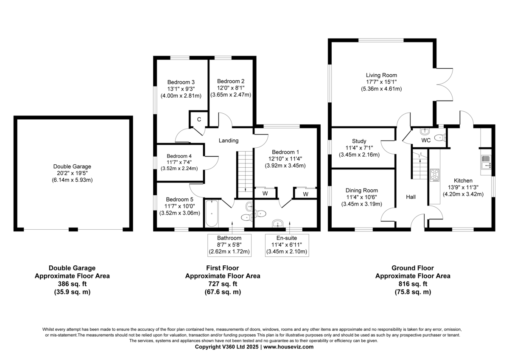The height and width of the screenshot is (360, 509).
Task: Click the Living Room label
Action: point(381,75)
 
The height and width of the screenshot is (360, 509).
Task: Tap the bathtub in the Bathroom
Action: point(212,213)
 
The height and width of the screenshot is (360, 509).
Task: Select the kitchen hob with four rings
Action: point(434,175)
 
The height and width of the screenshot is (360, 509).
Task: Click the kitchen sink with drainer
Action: point(486,162)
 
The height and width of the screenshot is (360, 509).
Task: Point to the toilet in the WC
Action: point(440,138)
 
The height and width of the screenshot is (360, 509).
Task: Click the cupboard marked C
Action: point(199,119)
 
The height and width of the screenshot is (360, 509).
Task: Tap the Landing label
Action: point(229,141)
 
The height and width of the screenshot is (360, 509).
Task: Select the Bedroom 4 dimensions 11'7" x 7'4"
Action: point(179,162)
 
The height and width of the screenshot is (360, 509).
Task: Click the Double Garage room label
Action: point(72,166)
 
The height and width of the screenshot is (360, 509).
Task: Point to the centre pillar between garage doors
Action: point(73,229)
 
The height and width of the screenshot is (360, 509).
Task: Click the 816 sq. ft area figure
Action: point(413,284)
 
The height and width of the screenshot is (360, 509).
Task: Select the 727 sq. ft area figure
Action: point(222,284)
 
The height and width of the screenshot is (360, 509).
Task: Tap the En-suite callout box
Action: point(287,245)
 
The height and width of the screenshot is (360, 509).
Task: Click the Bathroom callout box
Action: point(229,245)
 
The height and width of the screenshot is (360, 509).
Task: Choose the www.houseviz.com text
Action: point(288,346)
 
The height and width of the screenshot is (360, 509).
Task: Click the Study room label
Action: point(359,141)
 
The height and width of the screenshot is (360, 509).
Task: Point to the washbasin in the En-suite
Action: point(278,223)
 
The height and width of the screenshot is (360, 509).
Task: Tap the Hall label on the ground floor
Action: point(411,197)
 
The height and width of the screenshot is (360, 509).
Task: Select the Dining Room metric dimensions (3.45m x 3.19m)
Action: point(361,204)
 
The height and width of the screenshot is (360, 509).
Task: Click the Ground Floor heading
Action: point(413,268)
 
